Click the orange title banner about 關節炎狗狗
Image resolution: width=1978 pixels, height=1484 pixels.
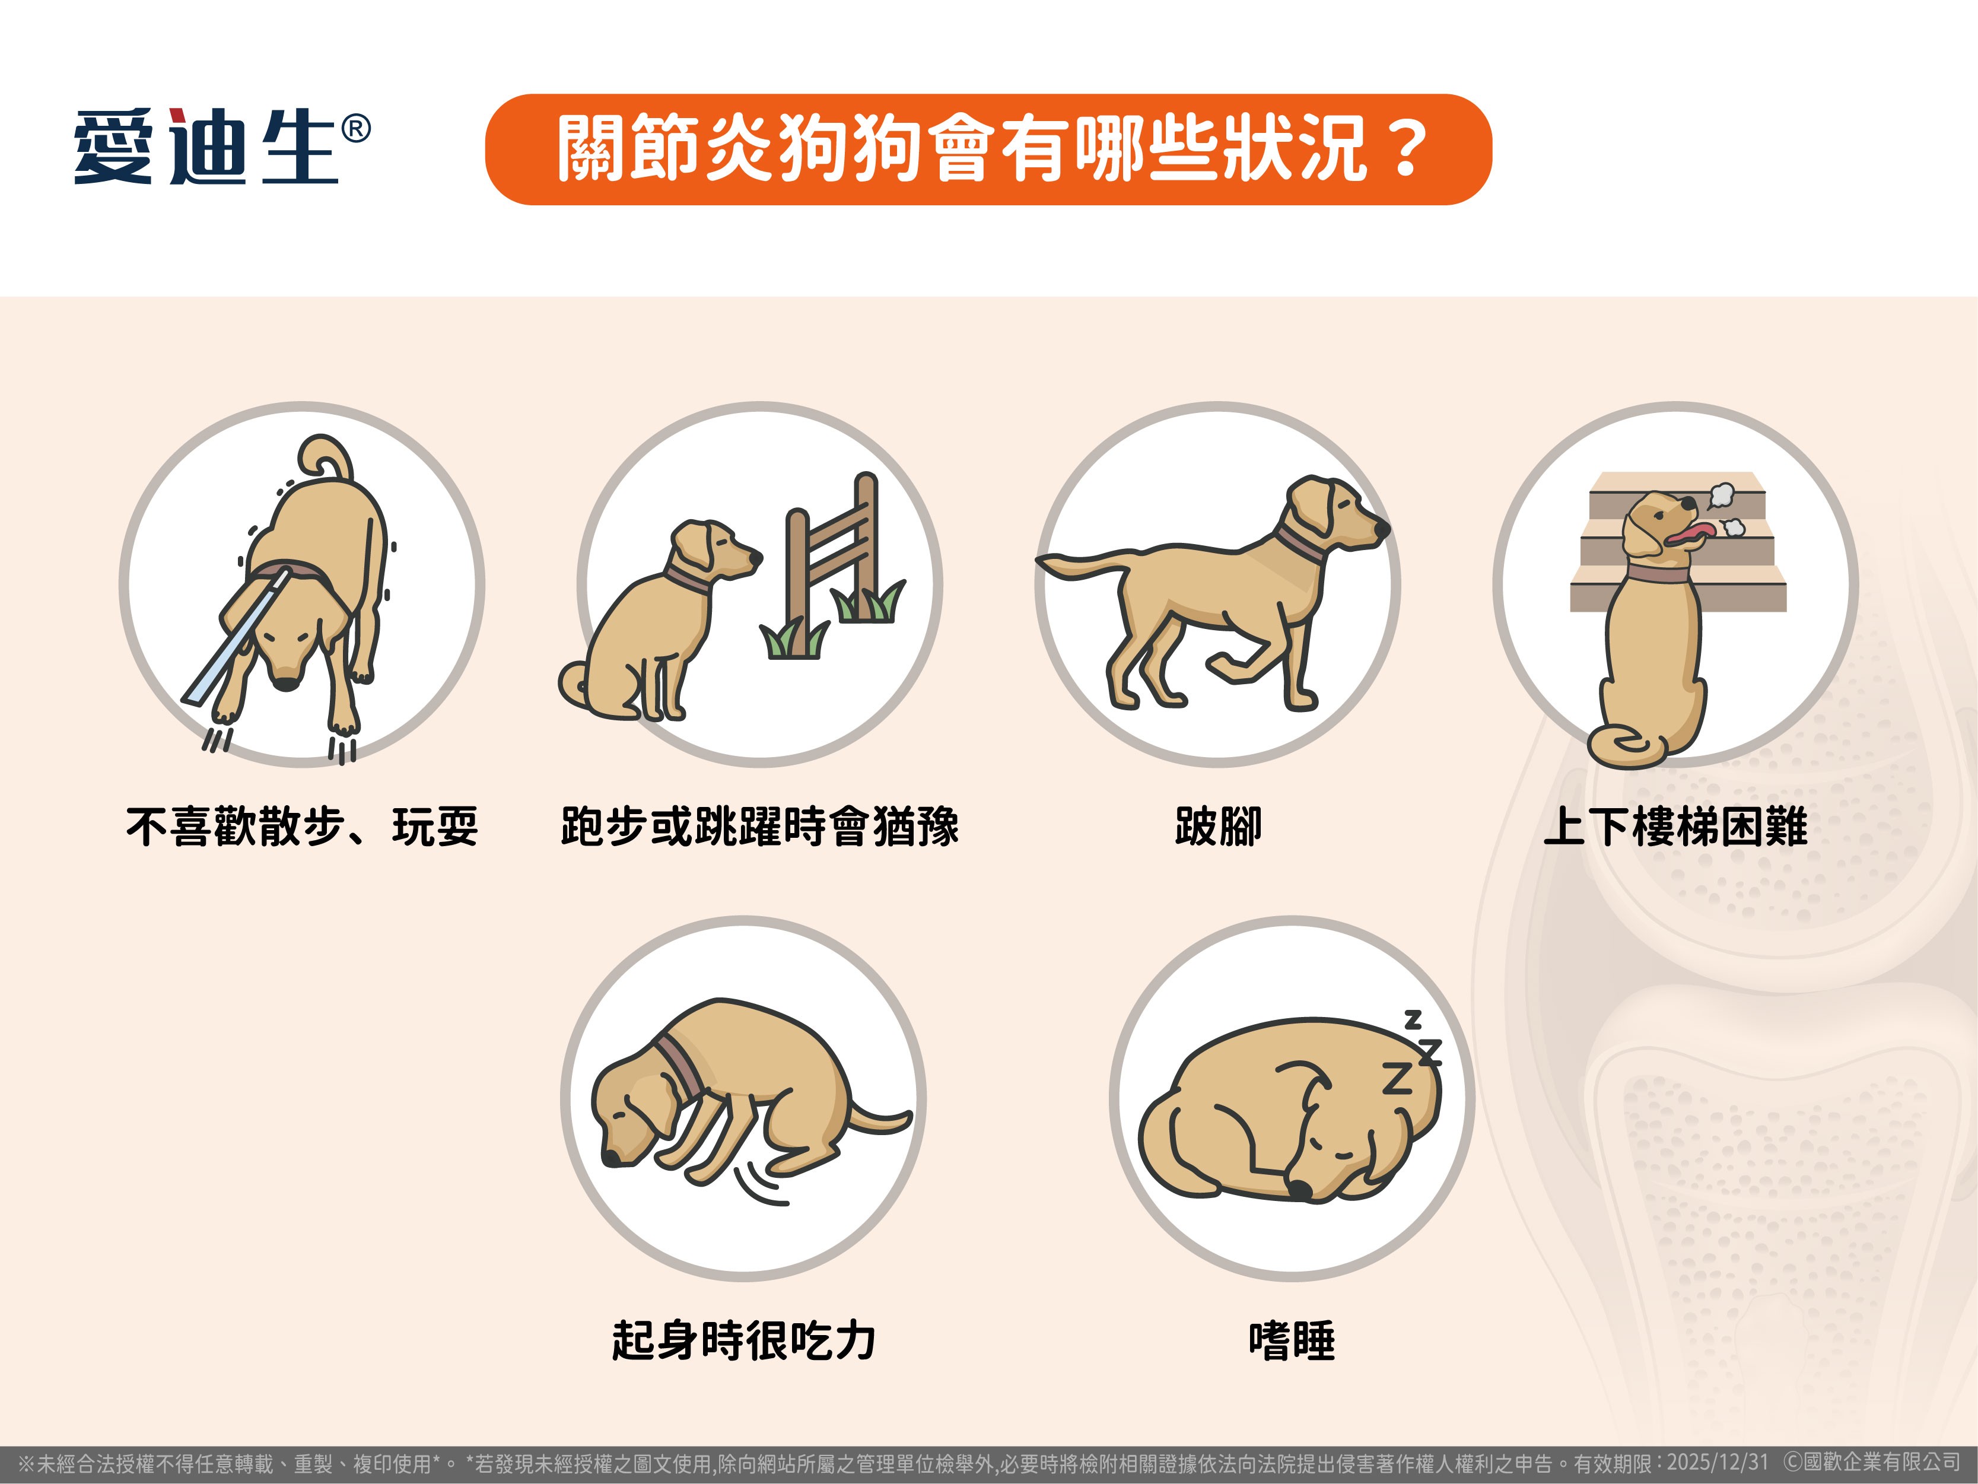point(988,150)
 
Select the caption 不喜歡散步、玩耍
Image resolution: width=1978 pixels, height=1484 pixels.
point(302,825)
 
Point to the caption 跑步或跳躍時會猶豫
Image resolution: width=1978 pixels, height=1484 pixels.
point(760,825)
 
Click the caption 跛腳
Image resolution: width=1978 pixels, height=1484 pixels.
point(1218,825)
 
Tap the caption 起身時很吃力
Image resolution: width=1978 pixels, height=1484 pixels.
point(743,1340)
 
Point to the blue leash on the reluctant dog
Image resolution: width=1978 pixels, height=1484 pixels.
point(237,637)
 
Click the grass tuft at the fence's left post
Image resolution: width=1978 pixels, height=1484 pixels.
point(793,638)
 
